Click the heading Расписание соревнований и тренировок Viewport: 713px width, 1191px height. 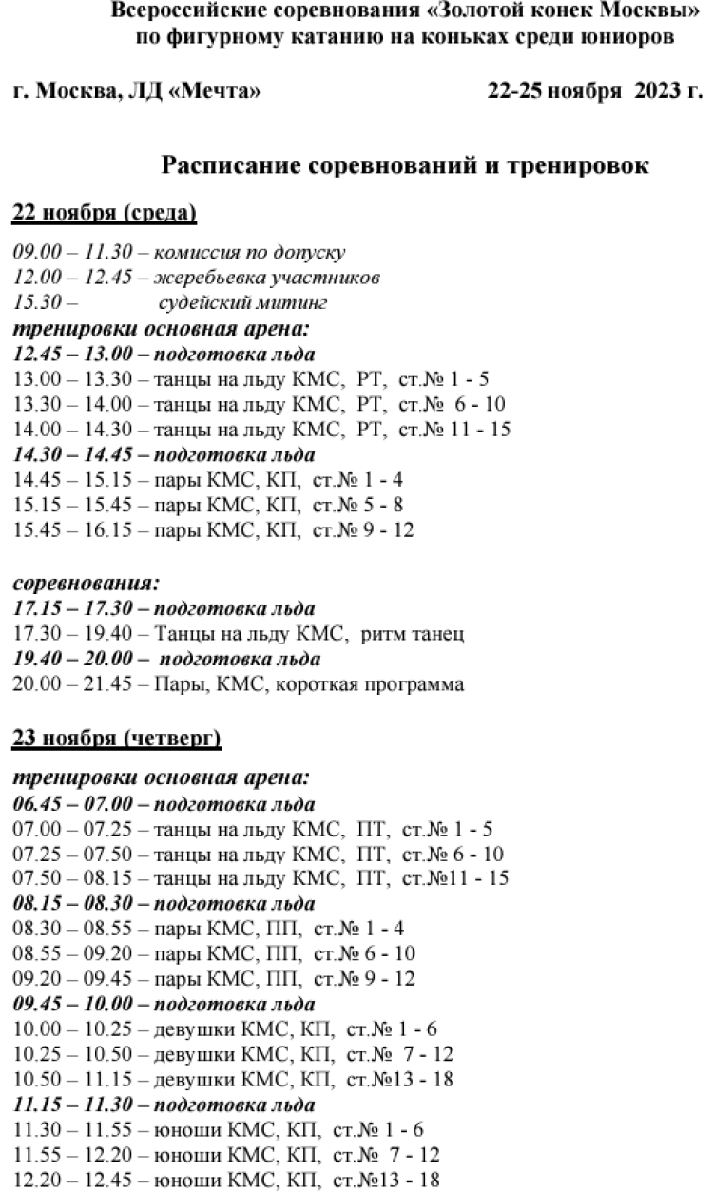click(x=405, y=165)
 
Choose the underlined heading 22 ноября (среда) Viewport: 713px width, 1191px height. click(x=105, y=214)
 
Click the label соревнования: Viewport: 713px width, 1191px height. click(x=86, y=583)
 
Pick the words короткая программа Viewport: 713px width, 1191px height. click(x=383, y=683)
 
